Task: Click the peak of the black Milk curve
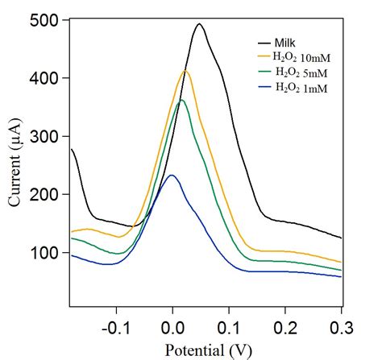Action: [x=199, y=24]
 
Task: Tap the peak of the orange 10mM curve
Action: [x=185, y=72]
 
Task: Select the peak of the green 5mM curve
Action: [x=181, y=100]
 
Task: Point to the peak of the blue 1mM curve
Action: [x=170, y=176]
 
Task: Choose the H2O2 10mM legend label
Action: [x=301, y=57]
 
